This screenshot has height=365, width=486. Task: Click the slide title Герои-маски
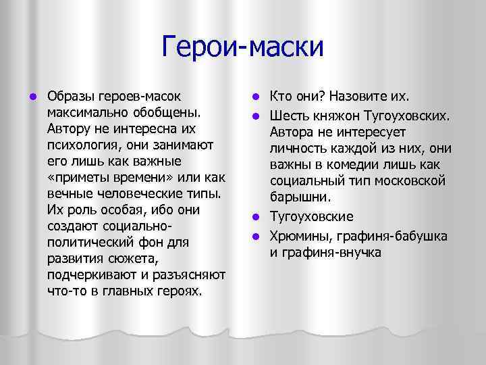point(243,47)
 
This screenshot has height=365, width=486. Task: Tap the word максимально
point(86,109)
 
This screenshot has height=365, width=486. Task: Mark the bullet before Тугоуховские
point(256,218)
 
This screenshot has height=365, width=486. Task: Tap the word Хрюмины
point(300,236)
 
